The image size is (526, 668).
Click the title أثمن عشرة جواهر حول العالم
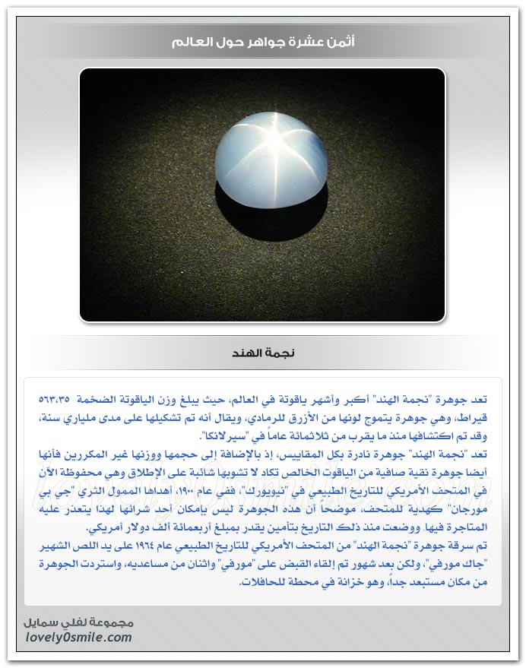[263, 42]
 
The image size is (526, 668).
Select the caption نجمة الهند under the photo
[262, 353]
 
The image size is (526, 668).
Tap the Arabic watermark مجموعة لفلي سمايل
[75, 622]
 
